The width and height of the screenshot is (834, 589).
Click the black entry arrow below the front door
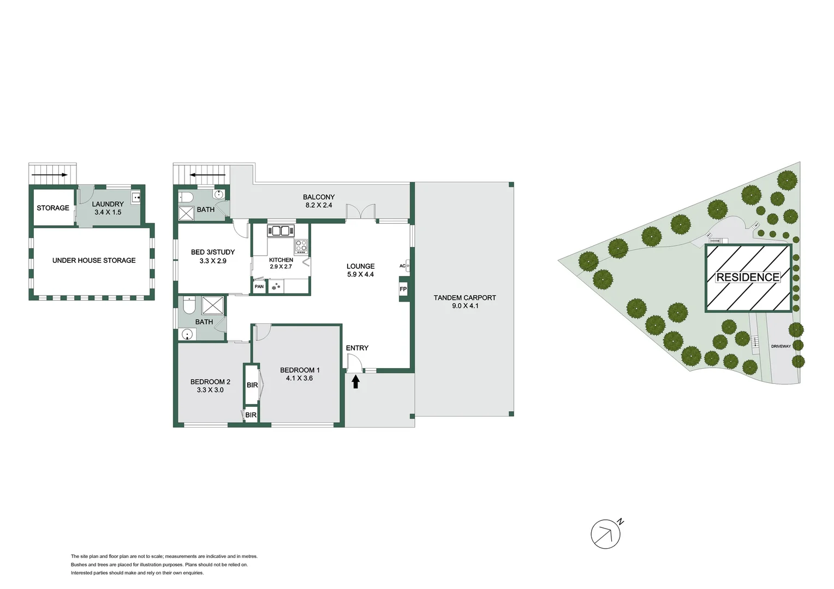(355, 381)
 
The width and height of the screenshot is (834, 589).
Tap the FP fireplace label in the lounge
(403, 289)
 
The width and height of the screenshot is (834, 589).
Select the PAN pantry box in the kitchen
(259, 286)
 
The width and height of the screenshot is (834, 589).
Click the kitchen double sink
(281, 231)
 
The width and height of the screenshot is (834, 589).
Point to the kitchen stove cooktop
(301, 247)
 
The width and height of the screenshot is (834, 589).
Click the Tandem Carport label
(464, 298)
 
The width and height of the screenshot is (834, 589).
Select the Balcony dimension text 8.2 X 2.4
(319, 205)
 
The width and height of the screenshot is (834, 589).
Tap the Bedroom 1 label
(300, 370)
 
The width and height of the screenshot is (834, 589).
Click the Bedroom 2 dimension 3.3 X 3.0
(210, 390)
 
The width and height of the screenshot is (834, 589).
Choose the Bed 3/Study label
(212, 252)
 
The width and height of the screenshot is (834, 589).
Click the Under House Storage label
(94, 260)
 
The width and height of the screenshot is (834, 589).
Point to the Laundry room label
(108, 204)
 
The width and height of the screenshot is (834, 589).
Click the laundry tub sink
(136, 197)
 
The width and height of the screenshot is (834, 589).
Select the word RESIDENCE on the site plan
(748, 277)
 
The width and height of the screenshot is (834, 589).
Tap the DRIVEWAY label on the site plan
(781, 346)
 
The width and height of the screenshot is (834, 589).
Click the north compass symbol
(606, 534)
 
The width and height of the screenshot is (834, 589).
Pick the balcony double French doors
(361, 213)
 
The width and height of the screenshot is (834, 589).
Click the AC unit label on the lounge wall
(403, 266)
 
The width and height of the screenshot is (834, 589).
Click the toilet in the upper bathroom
(184, 197)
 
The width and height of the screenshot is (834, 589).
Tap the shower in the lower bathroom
(213, 305)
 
